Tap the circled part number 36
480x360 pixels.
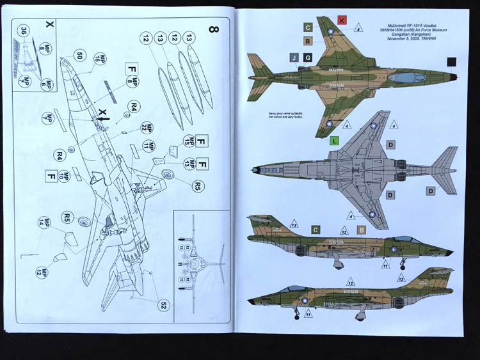[x=24, y=30]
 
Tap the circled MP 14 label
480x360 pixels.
[x=44, y=223]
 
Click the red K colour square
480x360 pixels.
[x=342, y=20]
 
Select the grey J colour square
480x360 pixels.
[x=293, y=58]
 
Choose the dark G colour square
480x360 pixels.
[x=307, y=58]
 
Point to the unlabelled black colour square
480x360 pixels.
[x=452, y=61]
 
